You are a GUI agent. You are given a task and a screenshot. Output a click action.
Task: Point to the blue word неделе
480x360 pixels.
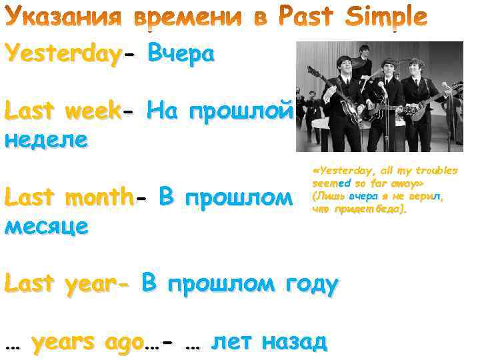(x=46, y=139)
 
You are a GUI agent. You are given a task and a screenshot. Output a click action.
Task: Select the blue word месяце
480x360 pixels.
(x=46, y=226)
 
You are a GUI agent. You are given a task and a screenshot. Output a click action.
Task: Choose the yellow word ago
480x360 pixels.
(x=124, y=342)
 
